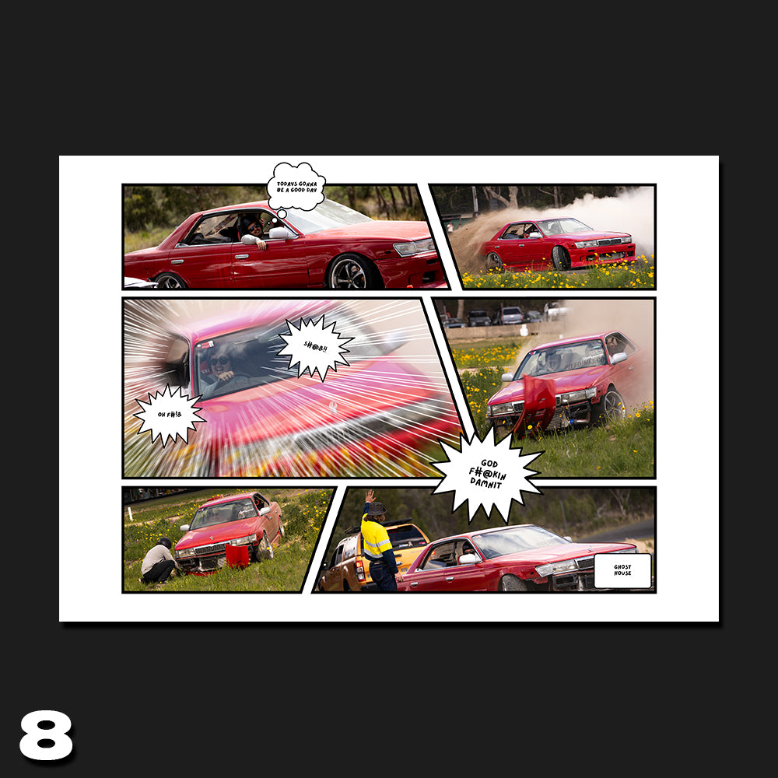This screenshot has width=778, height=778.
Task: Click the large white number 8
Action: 46,734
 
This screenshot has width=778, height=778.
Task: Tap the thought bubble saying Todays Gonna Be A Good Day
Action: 296,187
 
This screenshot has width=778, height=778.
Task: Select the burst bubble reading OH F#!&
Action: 169,414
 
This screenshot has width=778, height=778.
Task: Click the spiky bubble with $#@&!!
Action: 314,347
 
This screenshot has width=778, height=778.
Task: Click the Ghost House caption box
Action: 622,570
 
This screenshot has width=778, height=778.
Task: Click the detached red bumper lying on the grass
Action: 237,555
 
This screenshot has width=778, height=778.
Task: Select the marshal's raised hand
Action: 370,496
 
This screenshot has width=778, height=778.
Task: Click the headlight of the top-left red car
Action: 413,247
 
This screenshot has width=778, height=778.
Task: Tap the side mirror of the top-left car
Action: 279,233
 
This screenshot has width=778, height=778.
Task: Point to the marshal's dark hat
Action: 377,508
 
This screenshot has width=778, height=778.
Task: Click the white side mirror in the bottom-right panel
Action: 468,559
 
